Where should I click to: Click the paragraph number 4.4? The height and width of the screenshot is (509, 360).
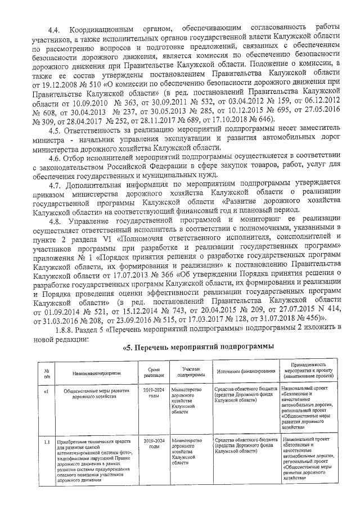(x=55, y=28)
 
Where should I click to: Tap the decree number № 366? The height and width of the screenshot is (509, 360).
(x=166, y=276)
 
